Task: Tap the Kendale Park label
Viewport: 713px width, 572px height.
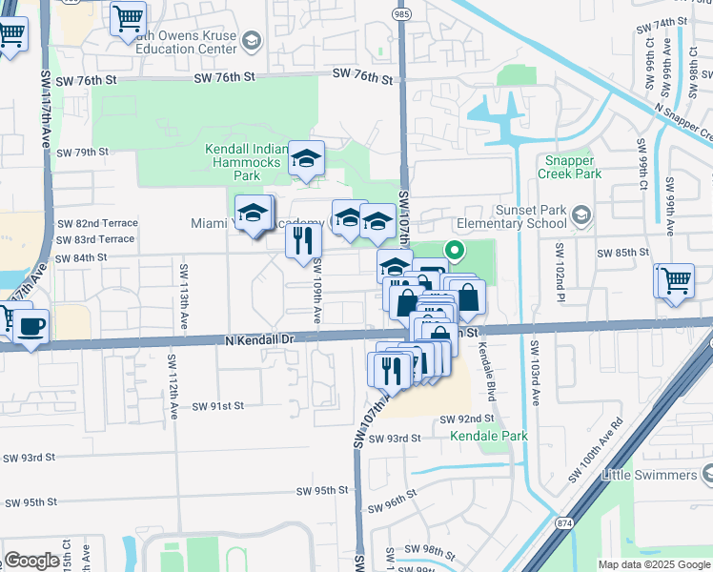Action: pos(489,436)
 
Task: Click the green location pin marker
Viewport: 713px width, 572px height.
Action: pos(455,253)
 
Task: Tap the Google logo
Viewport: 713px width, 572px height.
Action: pos(31,561)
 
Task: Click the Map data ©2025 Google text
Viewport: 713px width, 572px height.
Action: pos(654,564)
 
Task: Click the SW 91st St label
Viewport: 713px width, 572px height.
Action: pos(218,405)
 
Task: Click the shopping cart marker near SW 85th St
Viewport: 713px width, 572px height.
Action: pos(676,282)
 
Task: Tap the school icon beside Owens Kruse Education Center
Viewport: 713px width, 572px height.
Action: pos(251,41)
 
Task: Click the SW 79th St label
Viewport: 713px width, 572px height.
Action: pos(82,152)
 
